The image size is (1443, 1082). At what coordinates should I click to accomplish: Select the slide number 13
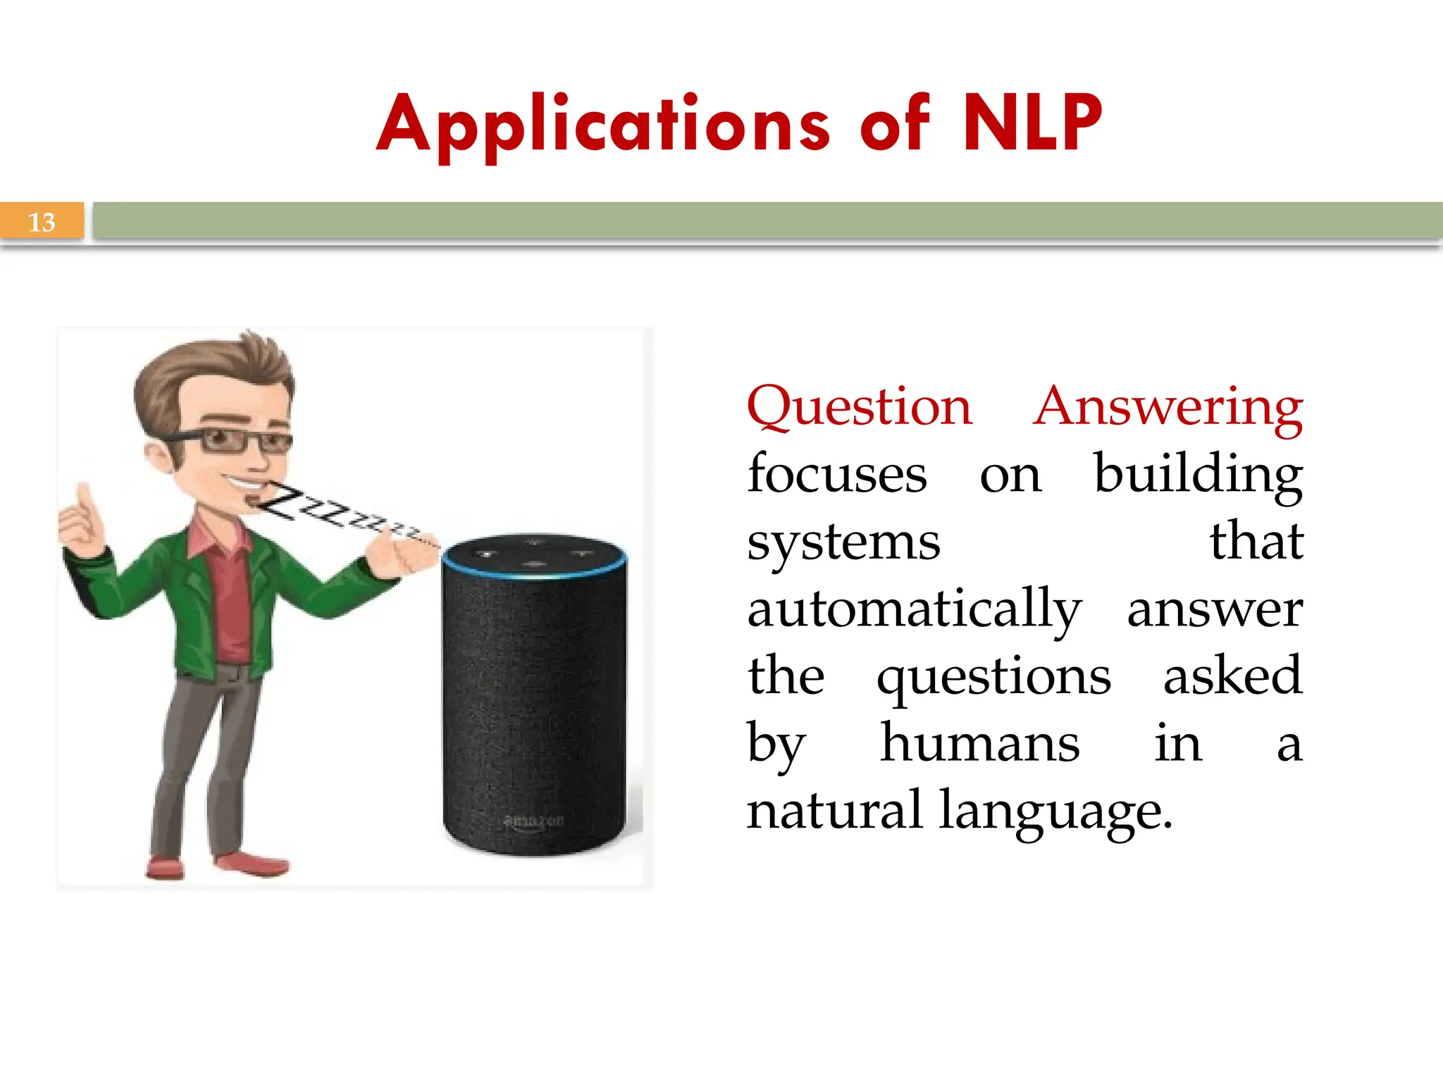[x=42, y=222]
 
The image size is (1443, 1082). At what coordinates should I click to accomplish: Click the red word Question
[x=860, y=407]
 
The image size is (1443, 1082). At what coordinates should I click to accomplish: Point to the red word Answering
[x=1168, y=407]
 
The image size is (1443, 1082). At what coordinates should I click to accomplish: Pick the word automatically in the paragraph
[x=914, y=609]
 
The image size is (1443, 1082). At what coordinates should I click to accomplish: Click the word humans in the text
[x=979, y=744]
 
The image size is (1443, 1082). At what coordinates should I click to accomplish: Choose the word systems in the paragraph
[x=843, y=542]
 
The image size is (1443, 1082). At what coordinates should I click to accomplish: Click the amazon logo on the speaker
[x=534, y=821]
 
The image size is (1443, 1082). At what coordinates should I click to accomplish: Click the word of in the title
[x=894, y=125]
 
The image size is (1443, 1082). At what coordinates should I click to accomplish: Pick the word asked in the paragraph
[x=1232, y=676]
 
